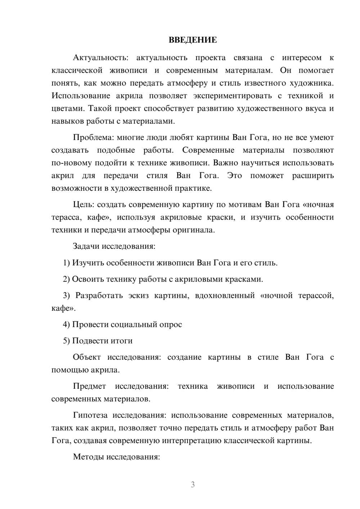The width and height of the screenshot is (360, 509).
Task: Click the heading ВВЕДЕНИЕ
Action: coord(193,40)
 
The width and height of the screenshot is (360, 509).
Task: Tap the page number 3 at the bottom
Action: coord(193,485)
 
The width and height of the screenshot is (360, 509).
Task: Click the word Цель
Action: coord(84,204)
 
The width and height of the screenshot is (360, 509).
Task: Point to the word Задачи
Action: coord(86,247)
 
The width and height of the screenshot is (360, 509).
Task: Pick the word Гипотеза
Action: coord(90,415)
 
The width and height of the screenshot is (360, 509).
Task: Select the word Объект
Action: coord(87,357)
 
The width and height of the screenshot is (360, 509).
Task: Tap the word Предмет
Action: coord(89,386)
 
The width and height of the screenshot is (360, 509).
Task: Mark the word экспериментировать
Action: coord(237,96)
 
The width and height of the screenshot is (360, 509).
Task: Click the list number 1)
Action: coord(67,263)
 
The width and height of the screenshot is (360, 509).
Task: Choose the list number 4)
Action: coord(67,324)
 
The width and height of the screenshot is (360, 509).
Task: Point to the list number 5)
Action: coord(67,341)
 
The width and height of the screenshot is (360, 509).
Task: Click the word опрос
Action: coord(170,324)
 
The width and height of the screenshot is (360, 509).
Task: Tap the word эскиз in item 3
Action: coord(138,296)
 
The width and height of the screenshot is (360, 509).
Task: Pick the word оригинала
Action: coord(196,230)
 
